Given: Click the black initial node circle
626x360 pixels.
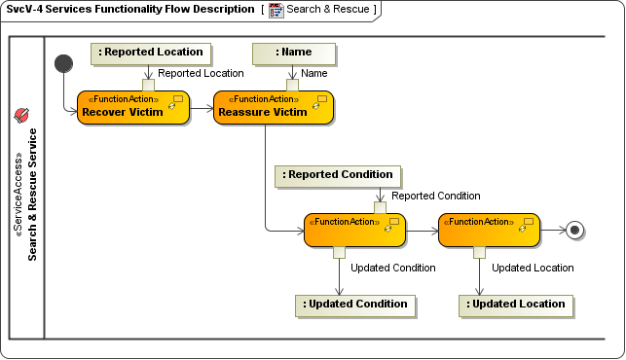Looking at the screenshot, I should (64, 63).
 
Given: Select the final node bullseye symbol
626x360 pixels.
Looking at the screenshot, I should (575, 231).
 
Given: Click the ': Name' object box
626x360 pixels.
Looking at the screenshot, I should (294, 53).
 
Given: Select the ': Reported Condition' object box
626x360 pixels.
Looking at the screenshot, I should (337, 175).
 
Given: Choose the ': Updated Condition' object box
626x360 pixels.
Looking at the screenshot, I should (355, 305).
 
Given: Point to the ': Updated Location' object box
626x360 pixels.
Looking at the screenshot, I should (516, 305).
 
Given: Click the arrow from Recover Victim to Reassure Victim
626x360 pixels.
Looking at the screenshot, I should (201, 111).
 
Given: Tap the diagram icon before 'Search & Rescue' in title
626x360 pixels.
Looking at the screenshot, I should (276, 10).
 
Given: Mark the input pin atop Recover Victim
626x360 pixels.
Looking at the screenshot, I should (149, 85).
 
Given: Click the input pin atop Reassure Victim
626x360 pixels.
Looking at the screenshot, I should (291, 85).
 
